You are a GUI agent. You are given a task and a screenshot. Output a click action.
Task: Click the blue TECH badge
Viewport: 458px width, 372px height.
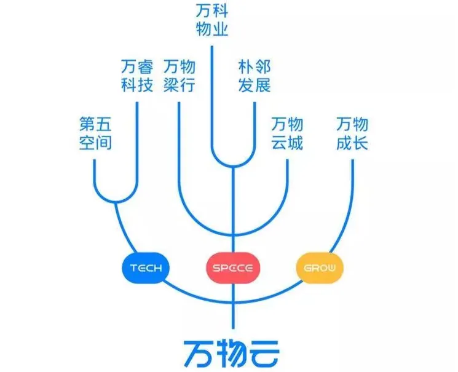[x=146, y=268]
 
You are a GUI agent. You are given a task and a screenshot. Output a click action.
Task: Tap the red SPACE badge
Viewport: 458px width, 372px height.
[x=233, y=268]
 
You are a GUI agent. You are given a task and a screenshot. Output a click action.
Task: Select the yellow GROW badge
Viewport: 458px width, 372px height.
[x=319, y=268]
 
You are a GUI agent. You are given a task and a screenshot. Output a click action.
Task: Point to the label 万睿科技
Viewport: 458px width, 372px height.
[x=137, y=76]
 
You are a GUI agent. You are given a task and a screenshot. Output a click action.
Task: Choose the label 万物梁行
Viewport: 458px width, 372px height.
[x=180, y=76]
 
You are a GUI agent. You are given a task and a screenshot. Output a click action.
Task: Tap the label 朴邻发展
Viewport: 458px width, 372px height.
[x=255, y=76]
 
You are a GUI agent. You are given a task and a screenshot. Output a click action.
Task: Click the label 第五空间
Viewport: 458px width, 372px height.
[x=95, y=133]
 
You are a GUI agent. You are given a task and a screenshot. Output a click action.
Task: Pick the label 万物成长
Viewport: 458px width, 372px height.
[x=352, y=133]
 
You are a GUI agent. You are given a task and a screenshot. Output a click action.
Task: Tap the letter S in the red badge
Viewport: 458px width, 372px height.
[x=216, y=269]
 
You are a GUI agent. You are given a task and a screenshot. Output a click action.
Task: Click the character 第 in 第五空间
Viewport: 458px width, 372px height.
[x=87, y=125]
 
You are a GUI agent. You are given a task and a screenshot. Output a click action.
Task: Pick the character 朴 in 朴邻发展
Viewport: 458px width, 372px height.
[x=247, y=66]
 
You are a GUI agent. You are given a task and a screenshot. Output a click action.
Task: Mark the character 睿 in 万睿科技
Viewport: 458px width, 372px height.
[x=145, y=66]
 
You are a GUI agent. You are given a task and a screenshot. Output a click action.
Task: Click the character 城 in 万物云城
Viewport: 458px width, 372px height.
[x=296, y=143]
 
